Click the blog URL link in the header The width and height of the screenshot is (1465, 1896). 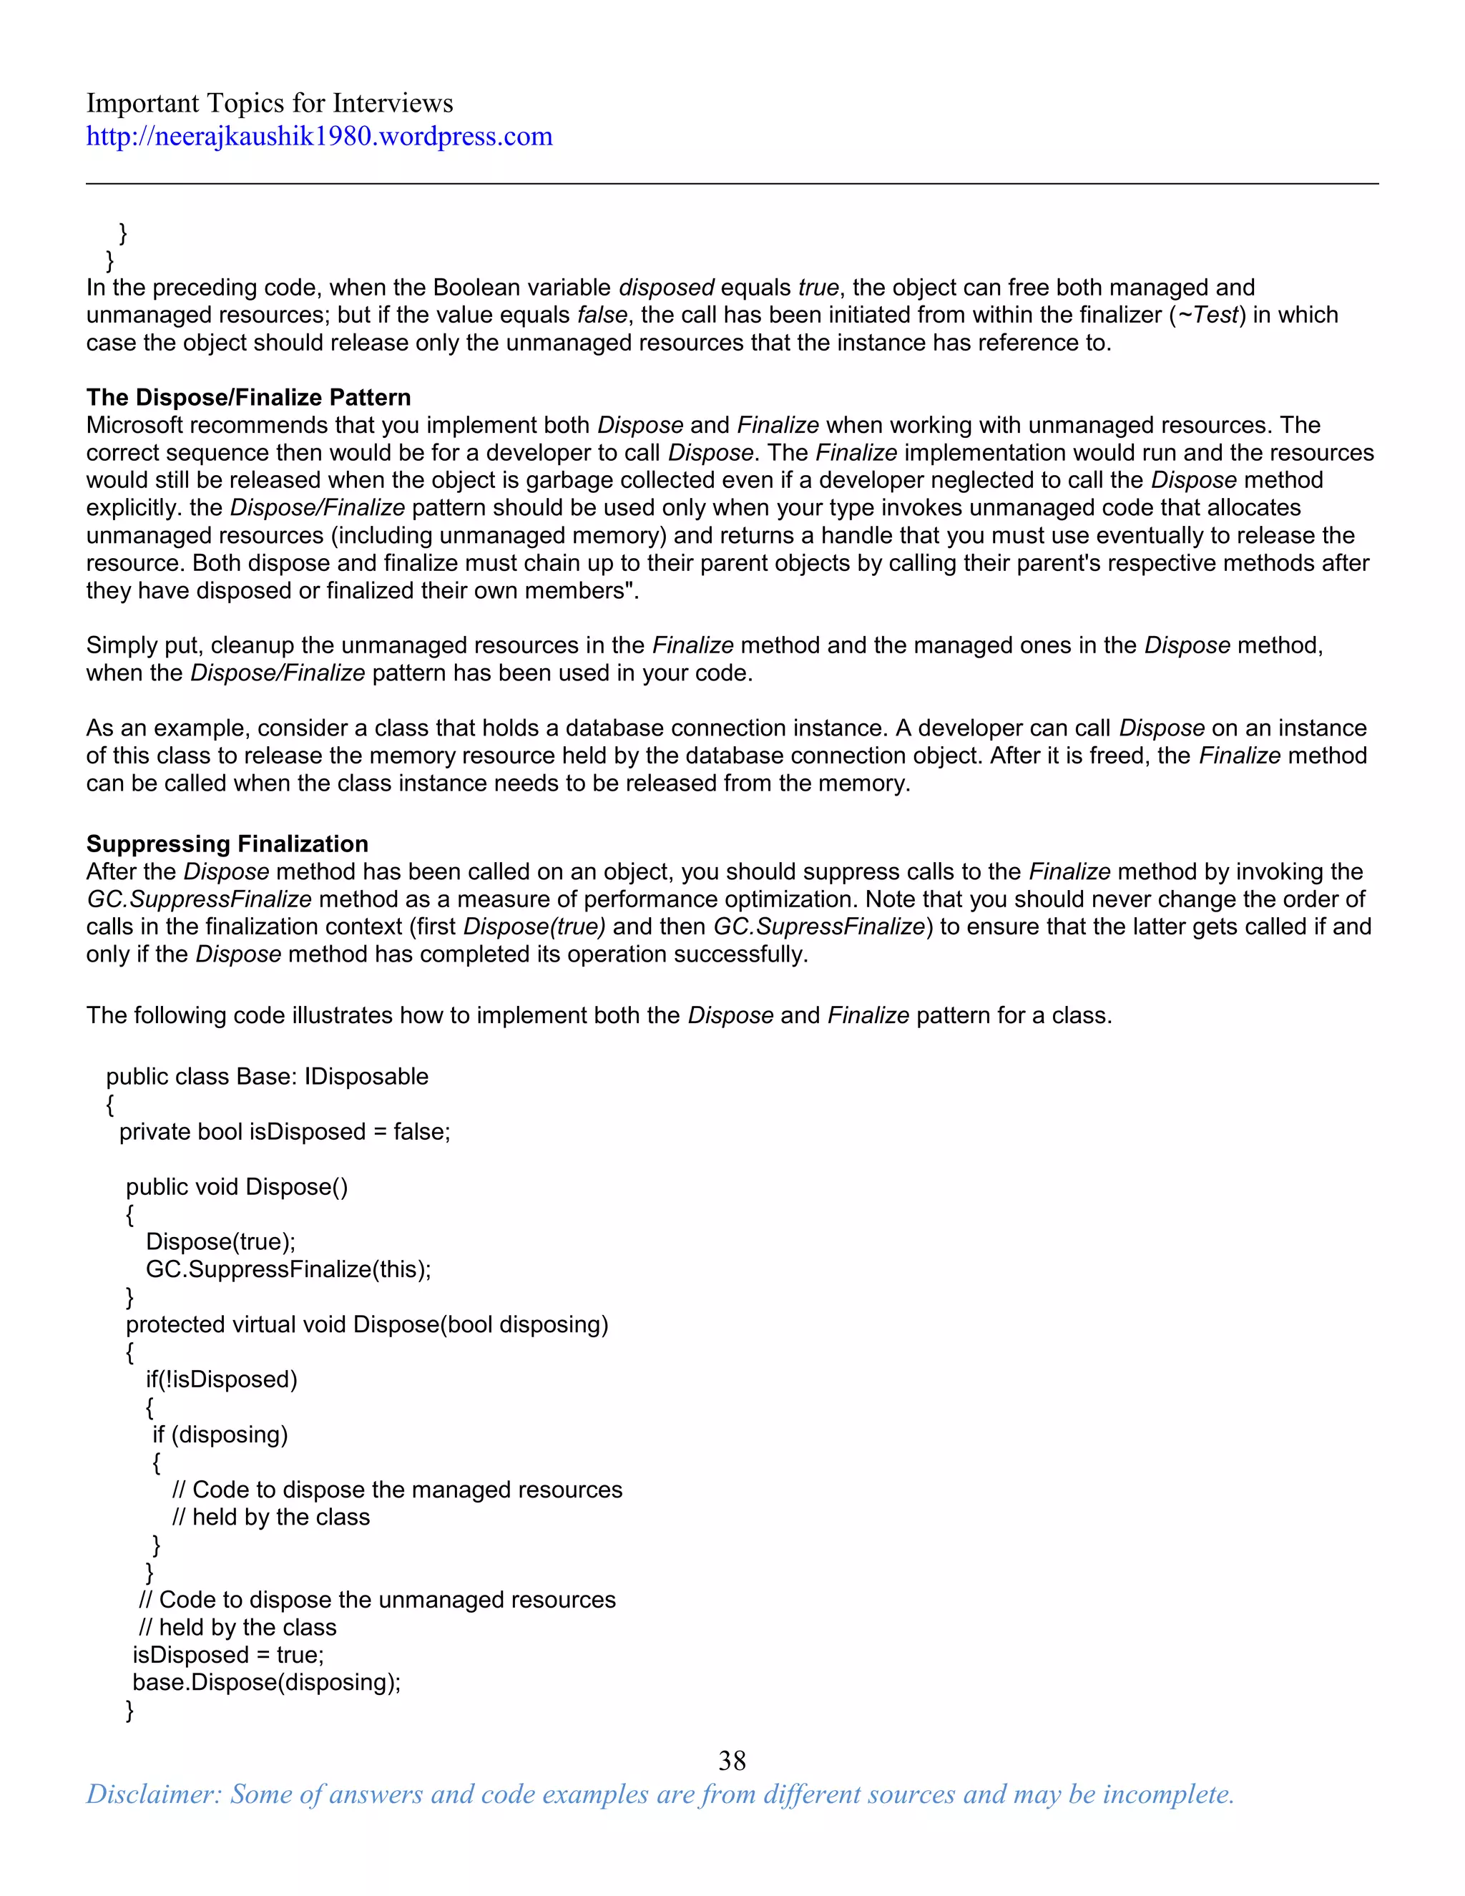coord(318,136)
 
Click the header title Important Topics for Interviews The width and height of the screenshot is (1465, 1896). coord(269,103)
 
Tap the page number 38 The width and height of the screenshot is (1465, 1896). coord(732,1760)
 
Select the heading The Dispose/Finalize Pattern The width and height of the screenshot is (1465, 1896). coord(248,398)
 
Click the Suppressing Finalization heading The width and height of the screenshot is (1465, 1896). coord(227,844)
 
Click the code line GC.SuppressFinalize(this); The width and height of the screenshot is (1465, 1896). coord(288,1269)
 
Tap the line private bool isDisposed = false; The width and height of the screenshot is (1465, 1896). coord(285,1132)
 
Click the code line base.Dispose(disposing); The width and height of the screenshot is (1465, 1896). coord(266,1683)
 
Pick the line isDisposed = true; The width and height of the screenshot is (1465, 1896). coord(227,1655)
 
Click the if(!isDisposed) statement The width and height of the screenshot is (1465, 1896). coord(221,1379)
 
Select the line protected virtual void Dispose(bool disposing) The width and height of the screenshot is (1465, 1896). coord(366,1325)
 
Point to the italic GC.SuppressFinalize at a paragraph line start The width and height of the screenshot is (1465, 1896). coord(199,899)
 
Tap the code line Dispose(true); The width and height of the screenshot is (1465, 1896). coord(220,1241)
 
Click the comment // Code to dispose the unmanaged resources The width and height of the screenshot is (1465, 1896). coord(377,1600)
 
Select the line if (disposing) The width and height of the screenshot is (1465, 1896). coord(220,1435)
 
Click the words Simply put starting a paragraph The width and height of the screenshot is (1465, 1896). coord(144,646)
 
